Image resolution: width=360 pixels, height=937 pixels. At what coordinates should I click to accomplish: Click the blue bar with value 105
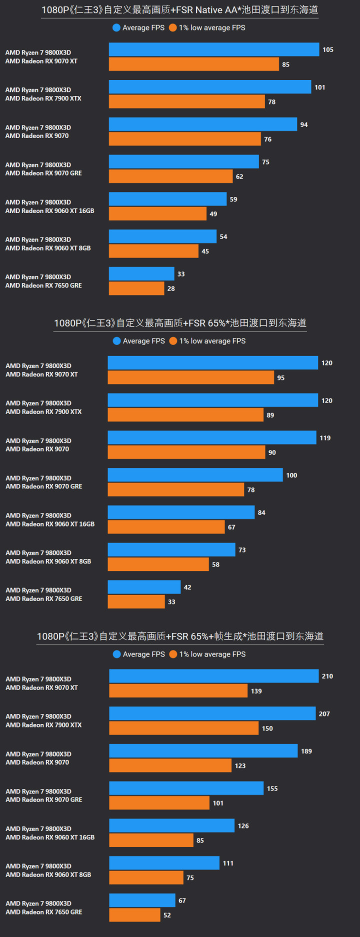click(214, 49)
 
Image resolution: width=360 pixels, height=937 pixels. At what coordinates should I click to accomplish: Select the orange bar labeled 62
click(171, 176)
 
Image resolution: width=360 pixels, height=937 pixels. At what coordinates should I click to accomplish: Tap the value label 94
click(304, 124)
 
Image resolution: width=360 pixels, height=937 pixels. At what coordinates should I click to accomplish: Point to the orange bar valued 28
click(136, 288)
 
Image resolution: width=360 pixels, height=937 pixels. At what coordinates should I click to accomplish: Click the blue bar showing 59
click(167, 199)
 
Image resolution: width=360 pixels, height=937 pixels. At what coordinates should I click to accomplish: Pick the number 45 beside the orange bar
click(205, 251)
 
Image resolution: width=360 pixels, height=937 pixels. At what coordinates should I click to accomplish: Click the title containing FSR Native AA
click(179, 9)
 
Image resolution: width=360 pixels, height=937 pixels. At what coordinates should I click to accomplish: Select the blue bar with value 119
click(212, 437)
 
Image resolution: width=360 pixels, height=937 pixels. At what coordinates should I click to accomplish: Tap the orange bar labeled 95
click(190, 377)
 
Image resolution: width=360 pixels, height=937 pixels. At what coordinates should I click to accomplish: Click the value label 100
click(291, 475)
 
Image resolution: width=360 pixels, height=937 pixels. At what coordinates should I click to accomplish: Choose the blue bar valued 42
click(144, 587)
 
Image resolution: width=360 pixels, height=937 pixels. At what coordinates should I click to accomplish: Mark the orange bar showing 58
click(158, 564)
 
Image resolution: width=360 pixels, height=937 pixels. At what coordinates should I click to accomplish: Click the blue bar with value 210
click(214, 676)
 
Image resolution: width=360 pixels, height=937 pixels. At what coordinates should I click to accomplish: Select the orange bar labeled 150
click(184, 728)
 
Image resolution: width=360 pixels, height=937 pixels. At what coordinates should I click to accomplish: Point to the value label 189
click(306, 751)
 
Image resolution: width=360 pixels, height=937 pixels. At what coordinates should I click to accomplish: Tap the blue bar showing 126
click(171, 825)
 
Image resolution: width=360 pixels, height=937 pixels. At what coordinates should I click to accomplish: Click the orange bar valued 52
click(134, 915)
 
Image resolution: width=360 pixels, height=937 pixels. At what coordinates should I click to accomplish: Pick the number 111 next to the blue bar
click(228, 863)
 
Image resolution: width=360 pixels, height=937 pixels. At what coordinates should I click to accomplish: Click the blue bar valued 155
click(186, 788)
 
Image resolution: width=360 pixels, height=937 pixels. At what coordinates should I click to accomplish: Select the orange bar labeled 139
click(178, 691)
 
